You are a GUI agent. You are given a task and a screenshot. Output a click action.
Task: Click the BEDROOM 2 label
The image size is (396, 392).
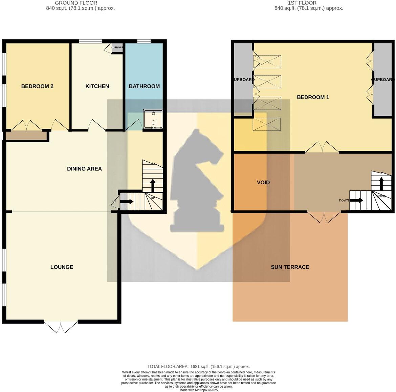pos(37,86)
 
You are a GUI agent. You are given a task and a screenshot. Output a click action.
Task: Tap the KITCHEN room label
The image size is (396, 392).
pos(97,86)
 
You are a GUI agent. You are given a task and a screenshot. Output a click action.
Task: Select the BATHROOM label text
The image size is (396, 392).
pos(144,86)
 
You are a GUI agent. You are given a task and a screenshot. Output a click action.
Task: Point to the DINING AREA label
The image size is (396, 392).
pos(84,169)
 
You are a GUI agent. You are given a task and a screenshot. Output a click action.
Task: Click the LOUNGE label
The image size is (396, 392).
pos(62,267)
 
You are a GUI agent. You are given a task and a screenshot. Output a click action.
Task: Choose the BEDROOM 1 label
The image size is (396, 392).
pos(313,97)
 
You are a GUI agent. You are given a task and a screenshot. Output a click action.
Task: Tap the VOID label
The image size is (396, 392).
pos(263,183)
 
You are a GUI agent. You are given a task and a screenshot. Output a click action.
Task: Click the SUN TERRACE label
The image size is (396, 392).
pos(290,267)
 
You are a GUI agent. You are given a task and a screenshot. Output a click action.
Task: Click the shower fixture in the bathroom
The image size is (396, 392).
pos(153,119)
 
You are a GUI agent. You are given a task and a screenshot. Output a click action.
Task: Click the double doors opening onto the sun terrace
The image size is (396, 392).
pos(324,217)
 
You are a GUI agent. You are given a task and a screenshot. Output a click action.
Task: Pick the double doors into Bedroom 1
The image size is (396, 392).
pos(322,147)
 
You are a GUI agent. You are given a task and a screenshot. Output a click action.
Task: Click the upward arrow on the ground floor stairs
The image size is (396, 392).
pos(153,185)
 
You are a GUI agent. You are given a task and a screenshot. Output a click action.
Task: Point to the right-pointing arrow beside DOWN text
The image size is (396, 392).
pos(356,200)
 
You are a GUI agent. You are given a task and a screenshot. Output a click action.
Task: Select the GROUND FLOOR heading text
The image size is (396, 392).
pos(71,3)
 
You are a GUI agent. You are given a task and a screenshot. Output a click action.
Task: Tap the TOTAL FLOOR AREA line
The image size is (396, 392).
pos(198,366)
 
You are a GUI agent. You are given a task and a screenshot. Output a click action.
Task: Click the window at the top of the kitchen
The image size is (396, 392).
pos(90,42)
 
